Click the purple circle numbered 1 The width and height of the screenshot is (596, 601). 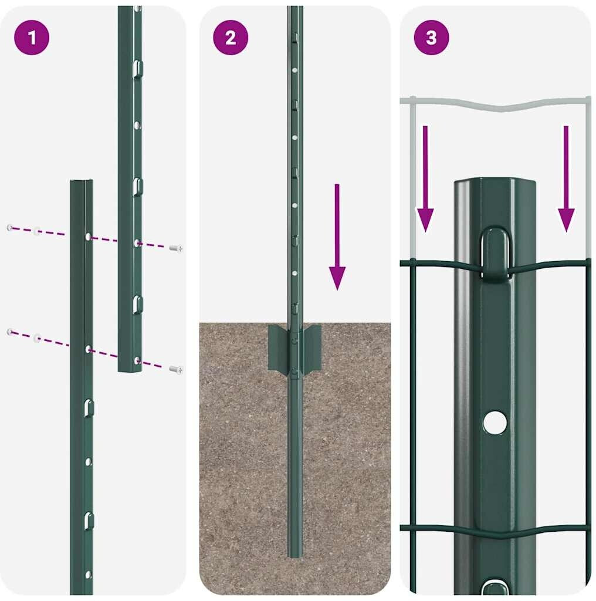(32, 38)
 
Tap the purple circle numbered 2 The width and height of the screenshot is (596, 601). (231, 38)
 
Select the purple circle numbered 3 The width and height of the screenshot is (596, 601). (431, 38)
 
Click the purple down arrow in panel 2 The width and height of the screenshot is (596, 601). (337, 237)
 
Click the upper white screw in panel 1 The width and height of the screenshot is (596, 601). (176, 248)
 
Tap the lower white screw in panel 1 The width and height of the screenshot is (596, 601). (176, 370)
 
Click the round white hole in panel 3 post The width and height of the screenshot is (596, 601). (495, 422)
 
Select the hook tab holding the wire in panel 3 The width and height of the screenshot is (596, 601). (495, 254)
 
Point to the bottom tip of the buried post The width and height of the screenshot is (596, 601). (294, 556)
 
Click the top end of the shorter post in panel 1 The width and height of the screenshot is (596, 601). (81, 182)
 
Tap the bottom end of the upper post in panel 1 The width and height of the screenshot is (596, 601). (130, 370)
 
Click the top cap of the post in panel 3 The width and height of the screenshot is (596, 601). (495, 182)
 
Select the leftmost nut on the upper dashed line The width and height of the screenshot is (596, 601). (10, 228)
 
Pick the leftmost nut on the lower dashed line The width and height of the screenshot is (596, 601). (10, 332)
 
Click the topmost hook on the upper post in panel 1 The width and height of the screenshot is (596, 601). (137, 68)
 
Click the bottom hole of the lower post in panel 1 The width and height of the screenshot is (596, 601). (88, 575)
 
